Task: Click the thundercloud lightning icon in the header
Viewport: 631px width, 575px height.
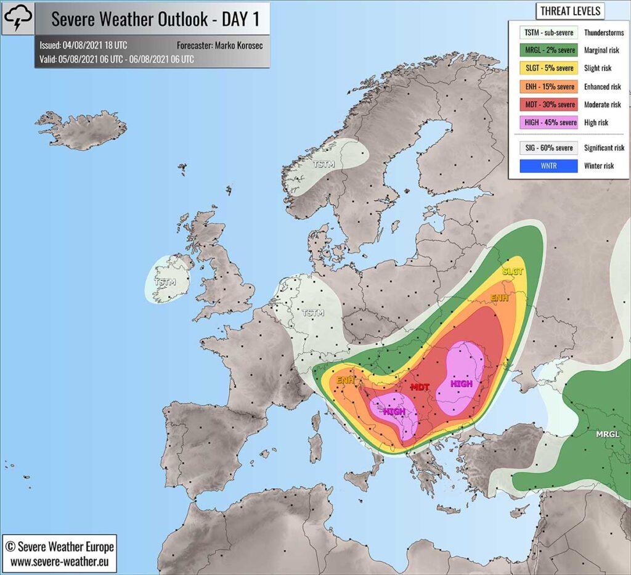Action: pos(18,18)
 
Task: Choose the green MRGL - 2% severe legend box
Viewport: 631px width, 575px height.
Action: pos(543,51)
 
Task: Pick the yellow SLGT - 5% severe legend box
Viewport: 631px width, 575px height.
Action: pos(543,68)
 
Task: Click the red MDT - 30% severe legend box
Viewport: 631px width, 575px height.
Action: pos(543,105)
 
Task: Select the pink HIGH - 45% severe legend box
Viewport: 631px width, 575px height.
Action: pos(543,123)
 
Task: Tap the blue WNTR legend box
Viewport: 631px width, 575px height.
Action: pos(543,166)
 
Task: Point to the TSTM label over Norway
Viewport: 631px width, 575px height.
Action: pos(325,165)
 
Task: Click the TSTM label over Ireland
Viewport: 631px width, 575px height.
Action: pos(165,282)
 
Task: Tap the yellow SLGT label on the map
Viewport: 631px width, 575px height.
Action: pos(513,271)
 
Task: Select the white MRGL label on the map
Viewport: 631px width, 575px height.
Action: pos(608,434)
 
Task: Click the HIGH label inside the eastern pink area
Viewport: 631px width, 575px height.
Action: pos(461,383)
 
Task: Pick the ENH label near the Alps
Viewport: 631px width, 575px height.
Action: pos(345,380)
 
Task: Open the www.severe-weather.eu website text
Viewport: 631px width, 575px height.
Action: pos(59,561)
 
